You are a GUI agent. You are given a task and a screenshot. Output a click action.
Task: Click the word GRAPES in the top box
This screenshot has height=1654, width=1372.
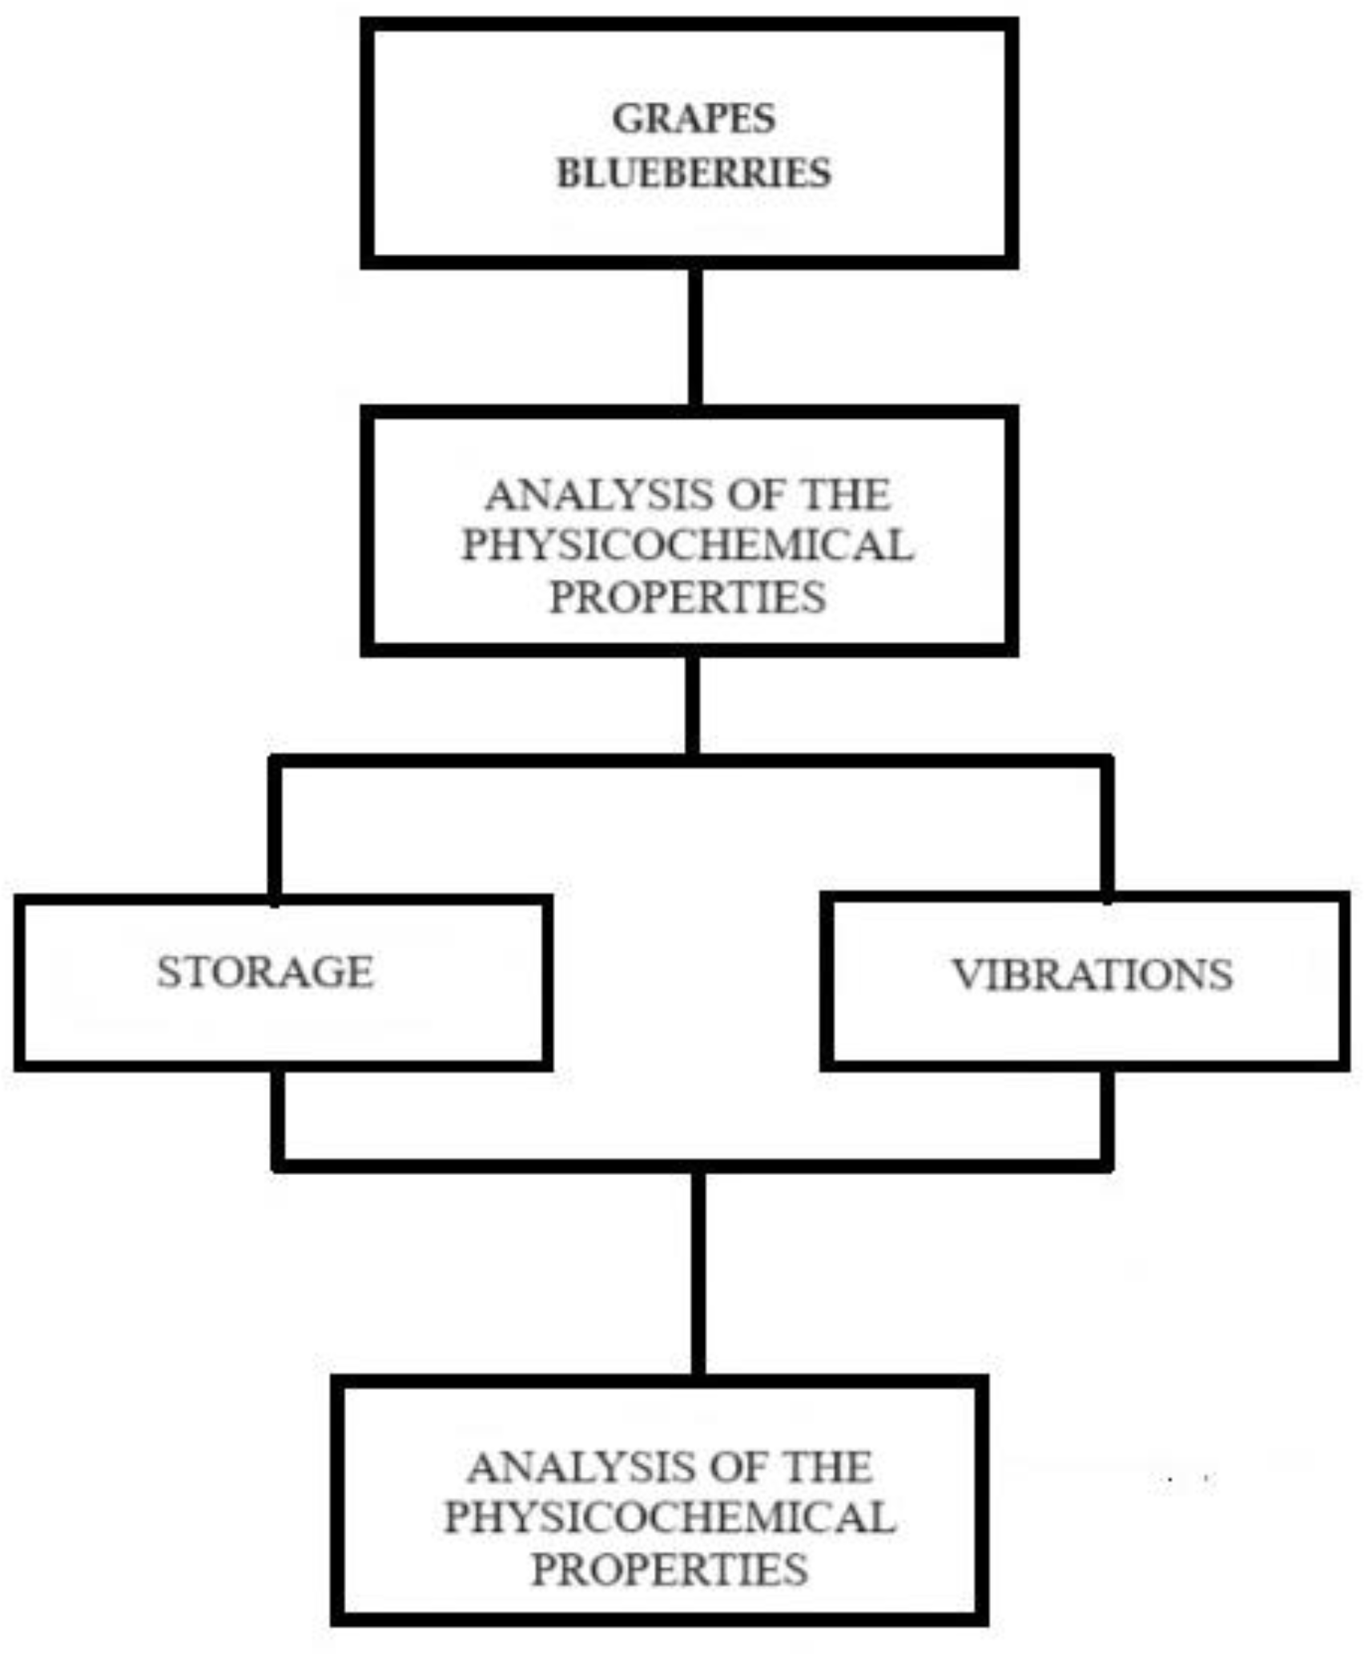coord(694,119)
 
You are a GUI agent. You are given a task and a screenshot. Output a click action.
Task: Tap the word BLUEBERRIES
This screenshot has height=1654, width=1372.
coord(694,173)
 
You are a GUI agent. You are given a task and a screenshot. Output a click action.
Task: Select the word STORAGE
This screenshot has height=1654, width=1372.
coord(265,972)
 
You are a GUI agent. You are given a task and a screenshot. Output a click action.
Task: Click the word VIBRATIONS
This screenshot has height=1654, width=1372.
coord(1092,975)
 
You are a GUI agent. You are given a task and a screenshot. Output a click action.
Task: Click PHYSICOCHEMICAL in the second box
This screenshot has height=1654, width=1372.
coord(687,545)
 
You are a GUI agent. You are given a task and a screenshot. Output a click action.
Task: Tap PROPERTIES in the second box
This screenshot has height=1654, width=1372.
coord(687,597)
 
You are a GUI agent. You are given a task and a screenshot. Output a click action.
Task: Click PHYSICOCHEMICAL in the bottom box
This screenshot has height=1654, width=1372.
coord(670,1518)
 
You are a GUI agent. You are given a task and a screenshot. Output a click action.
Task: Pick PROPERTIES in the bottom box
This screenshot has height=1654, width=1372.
coord(670,1569)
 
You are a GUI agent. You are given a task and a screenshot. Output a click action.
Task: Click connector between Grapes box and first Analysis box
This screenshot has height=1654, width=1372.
coord(695,336)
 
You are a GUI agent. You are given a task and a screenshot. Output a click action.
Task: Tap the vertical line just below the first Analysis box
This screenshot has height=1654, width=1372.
coord(693,703)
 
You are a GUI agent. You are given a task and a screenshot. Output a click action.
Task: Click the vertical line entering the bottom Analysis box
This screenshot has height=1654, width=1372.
coord(698,1274)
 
